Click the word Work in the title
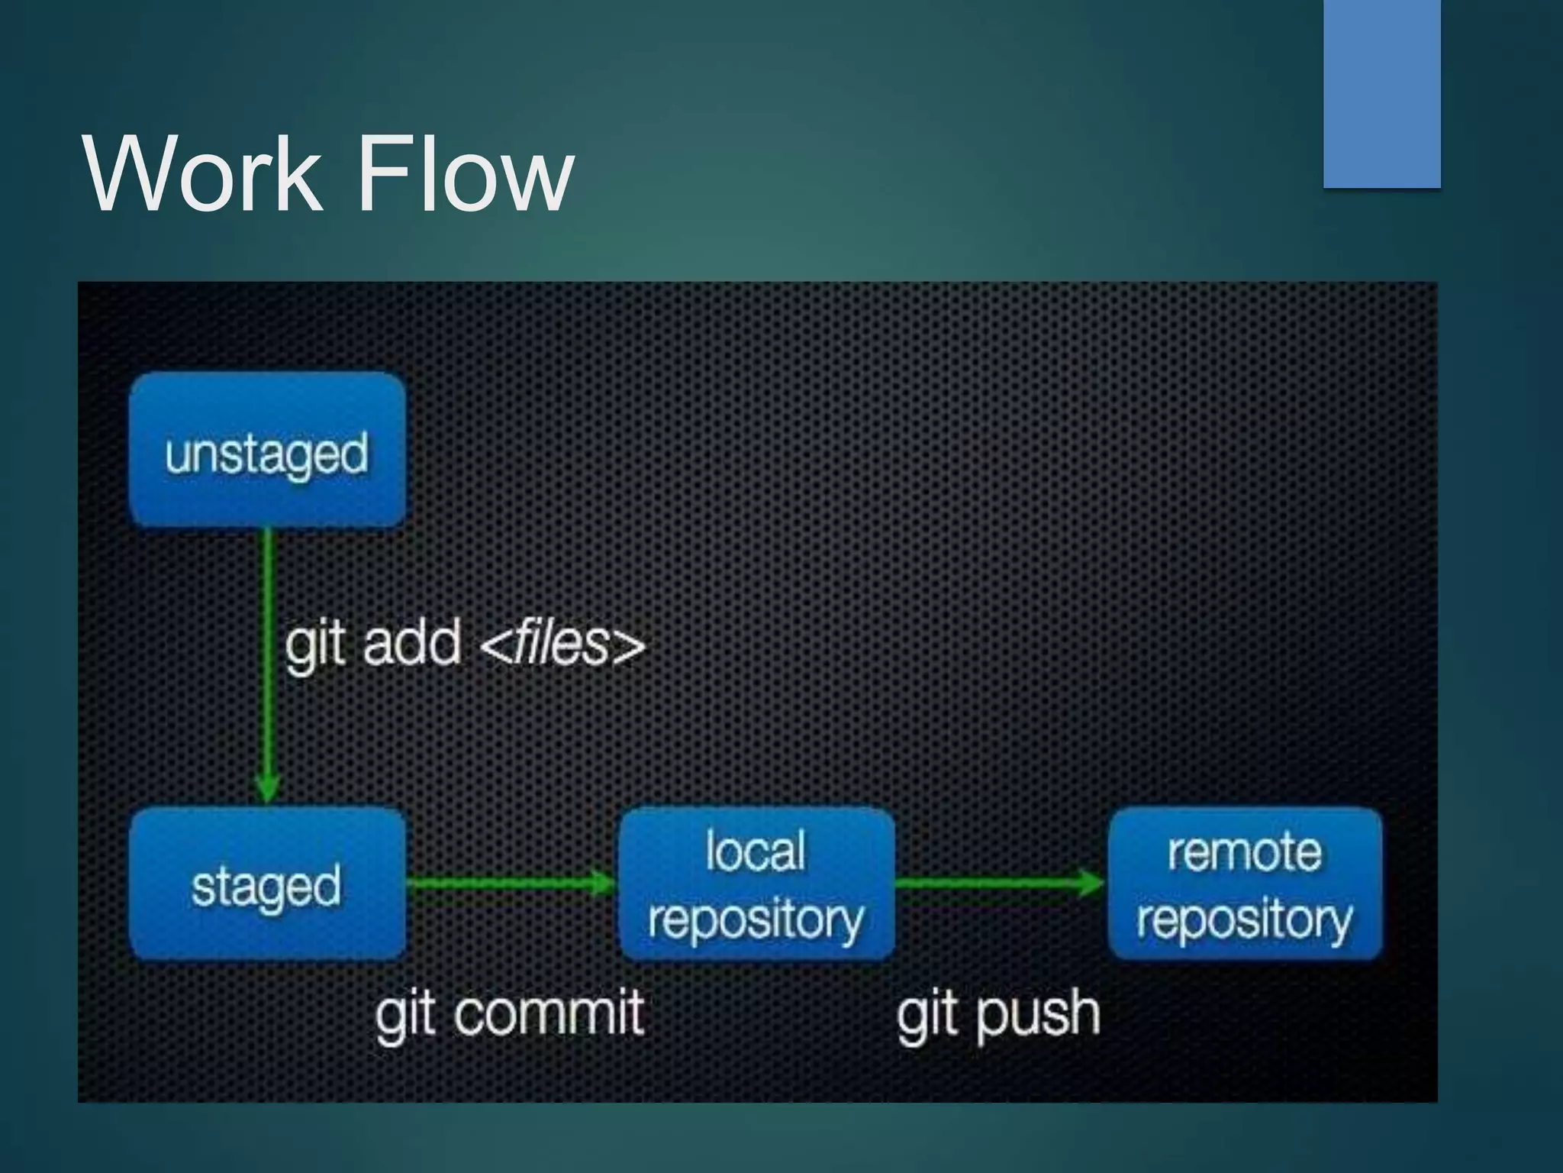(202, 174)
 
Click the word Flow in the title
(466, 174)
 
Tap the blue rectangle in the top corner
(1381, 93)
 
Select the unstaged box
(267, 451)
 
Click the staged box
(267, 884)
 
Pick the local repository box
(756, 884)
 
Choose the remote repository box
(1245, 884)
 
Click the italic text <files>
(563, 643)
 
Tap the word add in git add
(412, 643)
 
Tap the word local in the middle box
(756, 851)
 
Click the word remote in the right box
(1245, 851)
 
